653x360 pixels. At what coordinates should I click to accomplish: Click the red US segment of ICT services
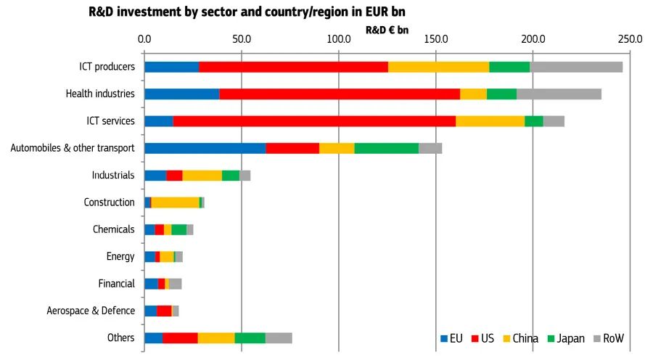pos(314,121)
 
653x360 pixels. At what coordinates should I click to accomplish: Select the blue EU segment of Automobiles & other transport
pos(205,148)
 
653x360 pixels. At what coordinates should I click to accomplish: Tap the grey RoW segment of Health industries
pos(559,94)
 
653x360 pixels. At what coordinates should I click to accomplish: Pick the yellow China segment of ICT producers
pos(438,67)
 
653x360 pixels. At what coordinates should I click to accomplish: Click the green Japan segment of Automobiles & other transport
pos(386,148)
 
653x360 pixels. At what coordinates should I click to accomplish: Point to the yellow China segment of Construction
pos(175,202)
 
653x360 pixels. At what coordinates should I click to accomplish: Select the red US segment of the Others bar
pos(180,338)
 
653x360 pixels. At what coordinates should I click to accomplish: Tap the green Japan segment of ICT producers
pos(509,67)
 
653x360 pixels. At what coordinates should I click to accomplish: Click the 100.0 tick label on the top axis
pos(338,38)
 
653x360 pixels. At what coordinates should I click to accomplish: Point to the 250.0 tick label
pos(630,38)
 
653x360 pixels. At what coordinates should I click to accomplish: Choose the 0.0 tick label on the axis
pos(144,38)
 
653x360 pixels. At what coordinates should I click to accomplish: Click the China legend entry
pos(520,339)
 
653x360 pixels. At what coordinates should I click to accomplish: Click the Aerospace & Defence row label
pos(91,311)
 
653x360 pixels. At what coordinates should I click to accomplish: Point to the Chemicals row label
pos(113,229)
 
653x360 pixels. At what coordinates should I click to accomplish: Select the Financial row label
pos(116,284)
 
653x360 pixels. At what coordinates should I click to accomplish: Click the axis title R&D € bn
pos(387,30)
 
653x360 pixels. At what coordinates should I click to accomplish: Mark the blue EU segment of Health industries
pos(181,94)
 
